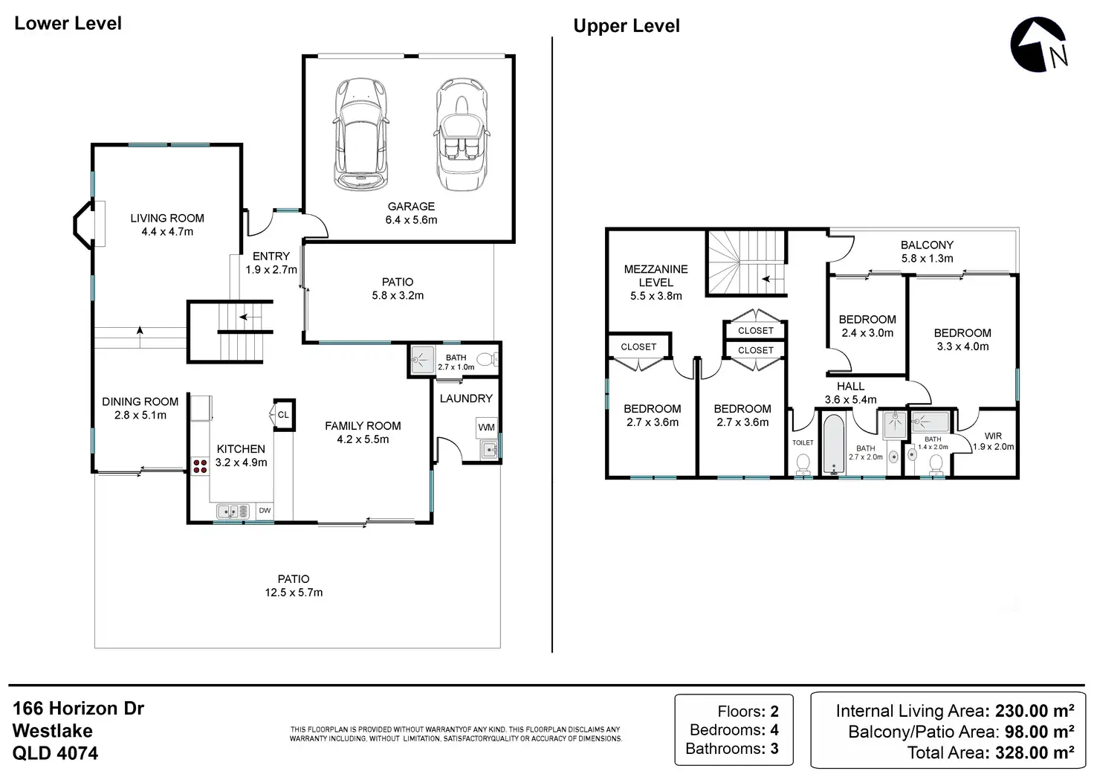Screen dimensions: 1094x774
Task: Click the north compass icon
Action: tap(1038, 45)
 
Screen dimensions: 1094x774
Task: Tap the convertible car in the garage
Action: tap(462, 134)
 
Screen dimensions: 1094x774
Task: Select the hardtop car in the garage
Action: tap(361, 134)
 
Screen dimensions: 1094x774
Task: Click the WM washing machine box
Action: tap(487, 427)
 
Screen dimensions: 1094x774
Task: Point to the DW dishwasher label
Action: tap(265, 510)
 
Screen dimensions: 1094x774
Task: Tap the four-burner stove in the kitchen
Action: tap(200, 465)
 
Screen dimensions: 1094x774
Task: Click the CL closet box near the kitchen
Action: tap(284, 415)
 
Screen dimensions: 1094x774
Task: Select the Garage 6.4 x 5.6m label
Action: tap(411, 213)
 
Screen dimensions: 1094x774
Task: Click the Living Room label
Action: tap(167, 218)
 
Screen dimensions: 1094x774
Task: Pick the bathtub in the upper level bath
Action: tap(833, 444)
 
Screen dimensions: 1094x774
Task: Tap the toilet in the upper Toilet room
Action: tap(803, 464)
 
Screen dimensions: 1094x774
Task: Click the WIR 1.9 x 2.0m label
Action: tap(993, 441)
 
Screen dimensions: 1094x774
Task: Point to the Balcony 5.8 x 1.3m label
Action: tap(927, 251)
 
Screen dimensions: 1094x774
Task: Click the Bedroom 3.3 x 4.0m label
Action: tap(962, 340)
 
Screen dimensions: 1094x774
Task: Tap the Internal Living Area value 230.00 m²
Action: tap(1035, 711)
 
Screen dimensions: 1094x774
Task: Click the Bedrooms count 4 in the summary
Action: tap(774, 729)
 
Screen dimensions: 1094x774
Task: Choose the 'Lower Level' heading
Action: tap(68, 24)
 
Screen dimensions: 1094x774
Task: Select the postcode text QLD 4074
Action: tap(55, 753)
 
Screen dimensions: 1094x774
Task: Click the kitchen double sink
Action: tap(233, 511)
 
